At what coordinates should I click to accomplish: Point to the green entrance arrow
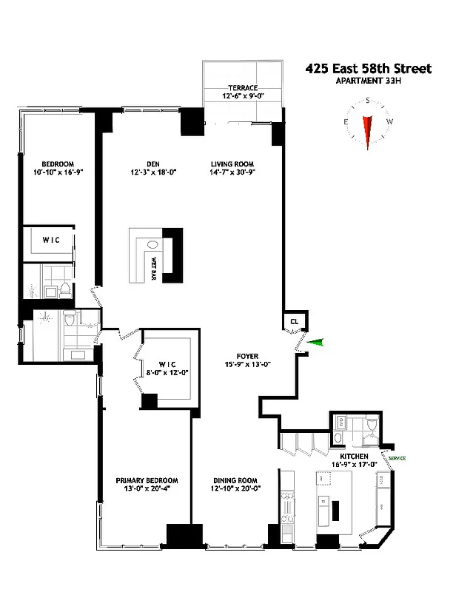pyautogui.click(x=316, y=341)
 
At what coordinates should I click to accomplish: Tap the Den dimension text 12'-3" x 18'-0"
pyautogui.click(x=143, y=174)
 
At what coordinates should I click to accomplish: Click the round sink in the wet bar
pyautogui.click(x=152, y=245)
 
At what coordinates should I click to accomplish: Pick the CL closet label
pyautogui.click(x=294, y=321)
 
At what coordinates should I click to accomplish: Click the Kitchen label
pyautogui.click(x=354, y=456)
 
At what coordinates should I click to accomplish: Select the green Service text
pyautogui.click(x=393, y=459)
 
